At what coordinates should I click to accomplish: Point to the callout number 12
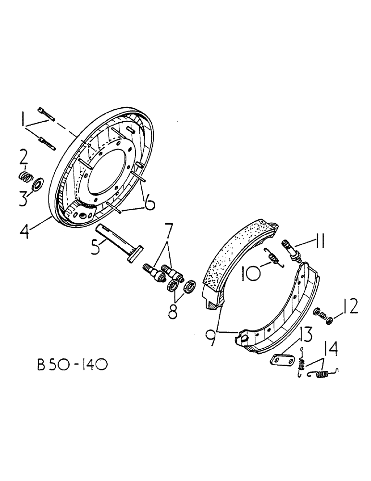coord(351,306)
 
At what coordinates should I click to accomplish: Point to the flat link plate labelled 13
coord(281,360)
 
